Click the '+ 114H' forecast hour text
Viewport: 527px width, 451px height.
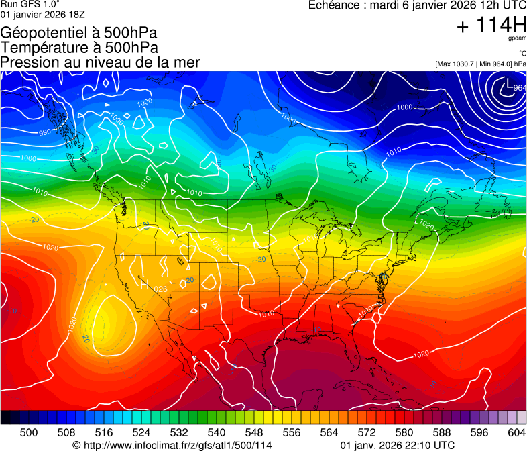pos(491,26)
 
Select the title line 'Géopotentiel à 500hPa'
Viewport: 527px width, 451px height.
pos(80,33)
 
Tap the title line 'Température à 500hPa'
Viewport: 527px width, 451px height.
pos(79,48)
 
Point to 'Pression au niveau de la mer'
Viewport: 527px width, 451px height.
pos(100,62)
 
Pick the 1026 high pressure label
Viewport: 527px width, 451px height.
pos(159,289)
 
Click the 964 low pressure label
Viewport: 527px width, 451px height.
pos(520,88)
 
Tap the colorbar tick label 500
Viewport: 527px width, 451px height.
pos(29,433)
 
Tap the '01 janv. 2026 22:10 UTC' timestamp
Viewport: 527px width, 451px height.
pos(398,445)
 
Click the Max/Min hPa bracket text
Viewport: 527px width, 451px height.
pos(480,64)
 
